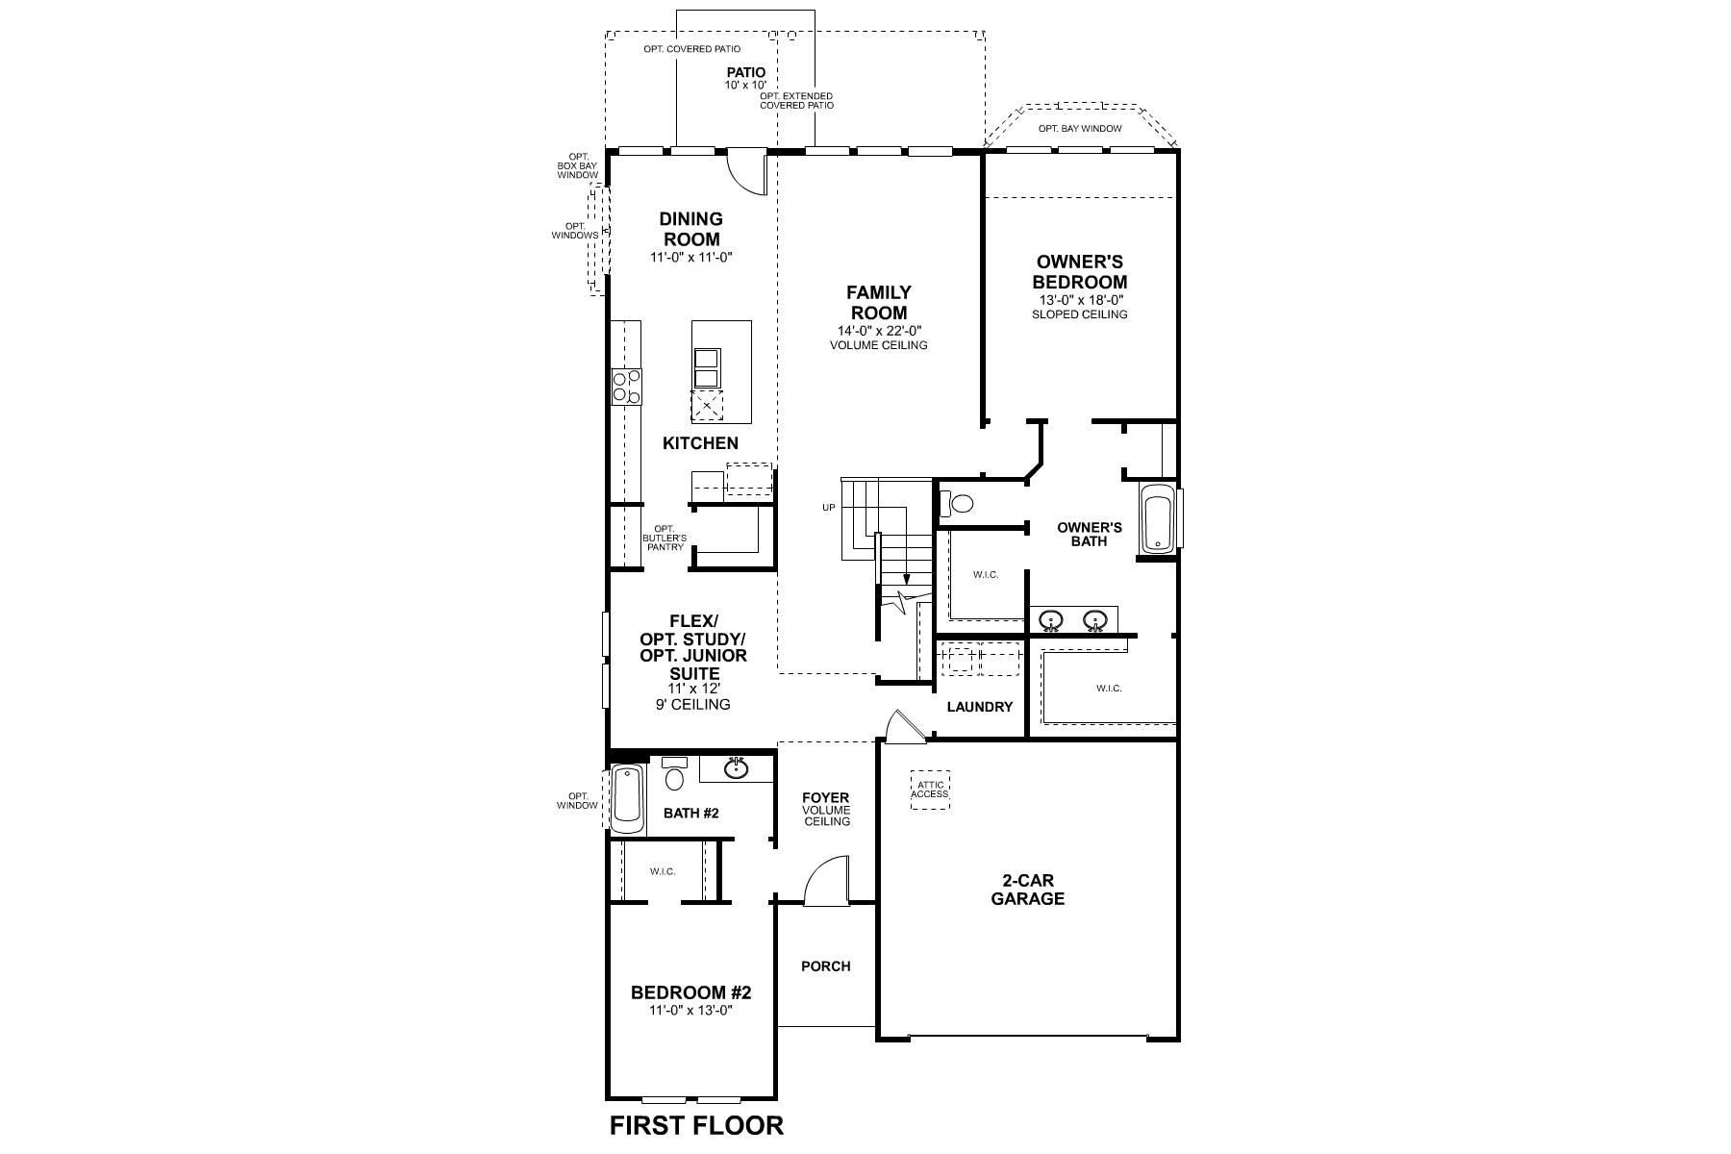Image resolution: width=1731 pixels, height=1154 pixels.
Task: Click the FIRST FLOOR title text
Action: pyautogui.click(x=696, y=1124)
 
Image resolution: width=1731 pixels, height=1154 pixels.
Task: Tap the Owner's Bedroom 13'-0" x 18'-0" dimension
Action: pyautogui.click(x=1079, y=300)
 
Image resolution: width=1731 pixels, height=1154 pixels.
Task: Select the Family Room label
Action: pyautogui.click(x=878, y=302)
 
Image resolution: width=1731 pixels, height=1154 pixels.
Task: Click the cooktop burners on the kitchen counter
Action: pyautogui.click(x=627, y=387)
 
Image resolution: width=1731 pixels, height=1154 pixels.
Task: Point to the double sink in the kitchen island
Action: pyautogui.click(x=706, y=366)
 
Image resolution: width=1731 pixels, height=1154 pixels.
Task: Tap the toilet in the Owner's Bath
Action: pyautogui.click(x=959, y=503)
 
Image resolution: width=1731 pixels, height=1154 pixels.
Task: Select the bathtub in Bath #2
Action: pyautogui.click(x=628, y=799)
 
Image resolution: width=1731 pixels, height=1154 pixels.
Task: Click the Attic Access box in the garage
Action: pyautogui.click(x=930, y=790)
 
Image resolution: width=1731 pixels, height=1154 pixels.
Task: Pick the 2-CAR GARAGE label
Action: pyautogui.click(x=1027, y=890)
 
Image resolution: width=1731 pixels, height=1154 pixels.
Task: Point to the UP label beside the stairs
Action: pyautogui.click(x=828, y=508)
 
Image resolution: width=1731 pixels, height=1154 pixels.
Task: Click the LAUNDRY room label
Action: pyautogui.click(x=979, y=707)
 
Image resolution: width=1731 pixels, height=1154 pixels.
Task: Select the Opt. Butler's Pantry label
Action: pyautogui.click(x=664, y=538)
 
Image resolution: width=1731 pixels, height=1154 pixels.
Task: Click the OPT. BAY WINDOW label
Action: pyautogui.click(x=1079, y=128)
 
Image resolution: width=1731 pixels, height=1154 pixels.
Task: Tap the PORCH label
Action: pyautogui.click(x=825, y=966)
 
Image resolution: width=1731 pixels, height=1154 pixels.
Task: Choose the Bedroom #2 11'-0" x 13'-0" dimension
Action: pyautogui.click(x=690, y=1010)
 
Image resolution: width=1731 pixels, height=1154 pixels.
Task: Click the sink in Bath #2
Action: pyautogui.click(x=737, y=767)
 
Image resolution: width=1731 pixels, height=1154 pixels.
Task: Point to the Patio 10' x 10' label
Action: pyautogui.click(x=745, y=78)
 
